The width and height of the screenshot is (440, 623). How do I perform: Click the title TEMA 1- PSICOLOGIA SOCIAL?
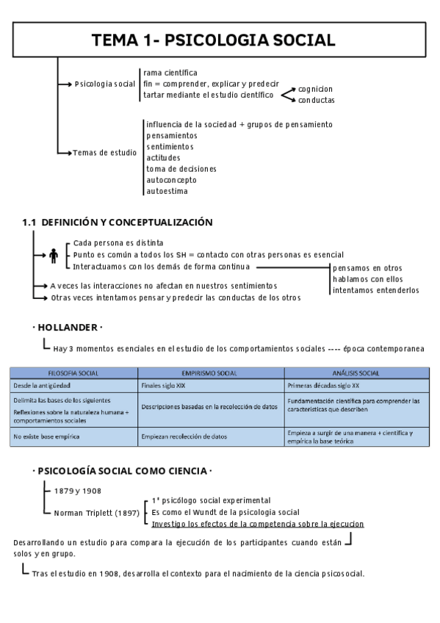click(213, 40)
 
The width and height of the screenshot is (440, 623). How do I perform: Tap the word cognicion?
click(315, 89)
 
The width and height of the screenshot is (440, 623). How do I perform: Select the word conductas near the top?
click(316, 100)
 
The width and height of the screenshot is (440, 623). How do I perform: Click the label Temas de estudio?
click(104, 152)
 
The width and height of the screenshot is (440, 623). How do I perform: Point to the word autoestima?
click(167, 191)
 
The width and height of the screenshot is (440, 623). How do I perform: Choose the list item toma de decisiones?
click(176, 169)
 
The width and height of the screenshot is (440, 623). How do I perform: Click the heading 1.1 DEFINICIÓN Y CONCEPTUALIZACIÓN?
click(118, 222)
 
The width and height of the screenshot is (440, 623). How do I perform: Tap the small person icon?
click(54, 255)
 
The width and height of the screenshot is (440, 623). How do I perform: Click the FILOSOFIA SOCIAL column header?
click(73, 373)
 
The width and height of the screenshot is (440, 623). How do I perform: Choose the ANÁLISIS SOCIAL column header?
click(356, 373)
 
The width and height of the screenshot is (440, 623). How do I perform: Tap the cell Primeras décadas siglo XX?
click(323, 385)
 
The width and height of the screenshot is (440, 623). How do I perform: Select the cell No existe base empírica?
click(46, 436)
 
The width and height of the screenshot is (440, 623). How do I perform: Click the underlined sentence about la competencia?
click(257, 524)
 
